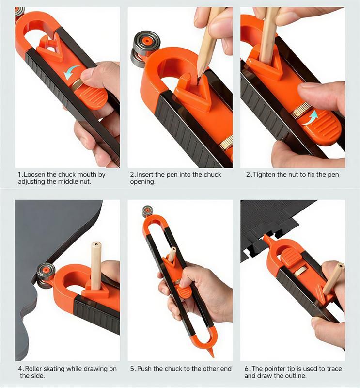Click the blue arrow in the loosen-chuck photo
[71, 72]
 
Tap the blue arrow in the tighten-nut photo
[310, 118]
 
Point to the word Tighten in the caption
[265, 175]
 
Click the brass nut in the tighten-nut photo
[301, 109]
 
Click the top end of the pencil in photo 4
[96, 244]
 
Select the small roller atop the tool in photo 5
[148, 211]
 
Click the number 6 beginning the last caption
[247, 369]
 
